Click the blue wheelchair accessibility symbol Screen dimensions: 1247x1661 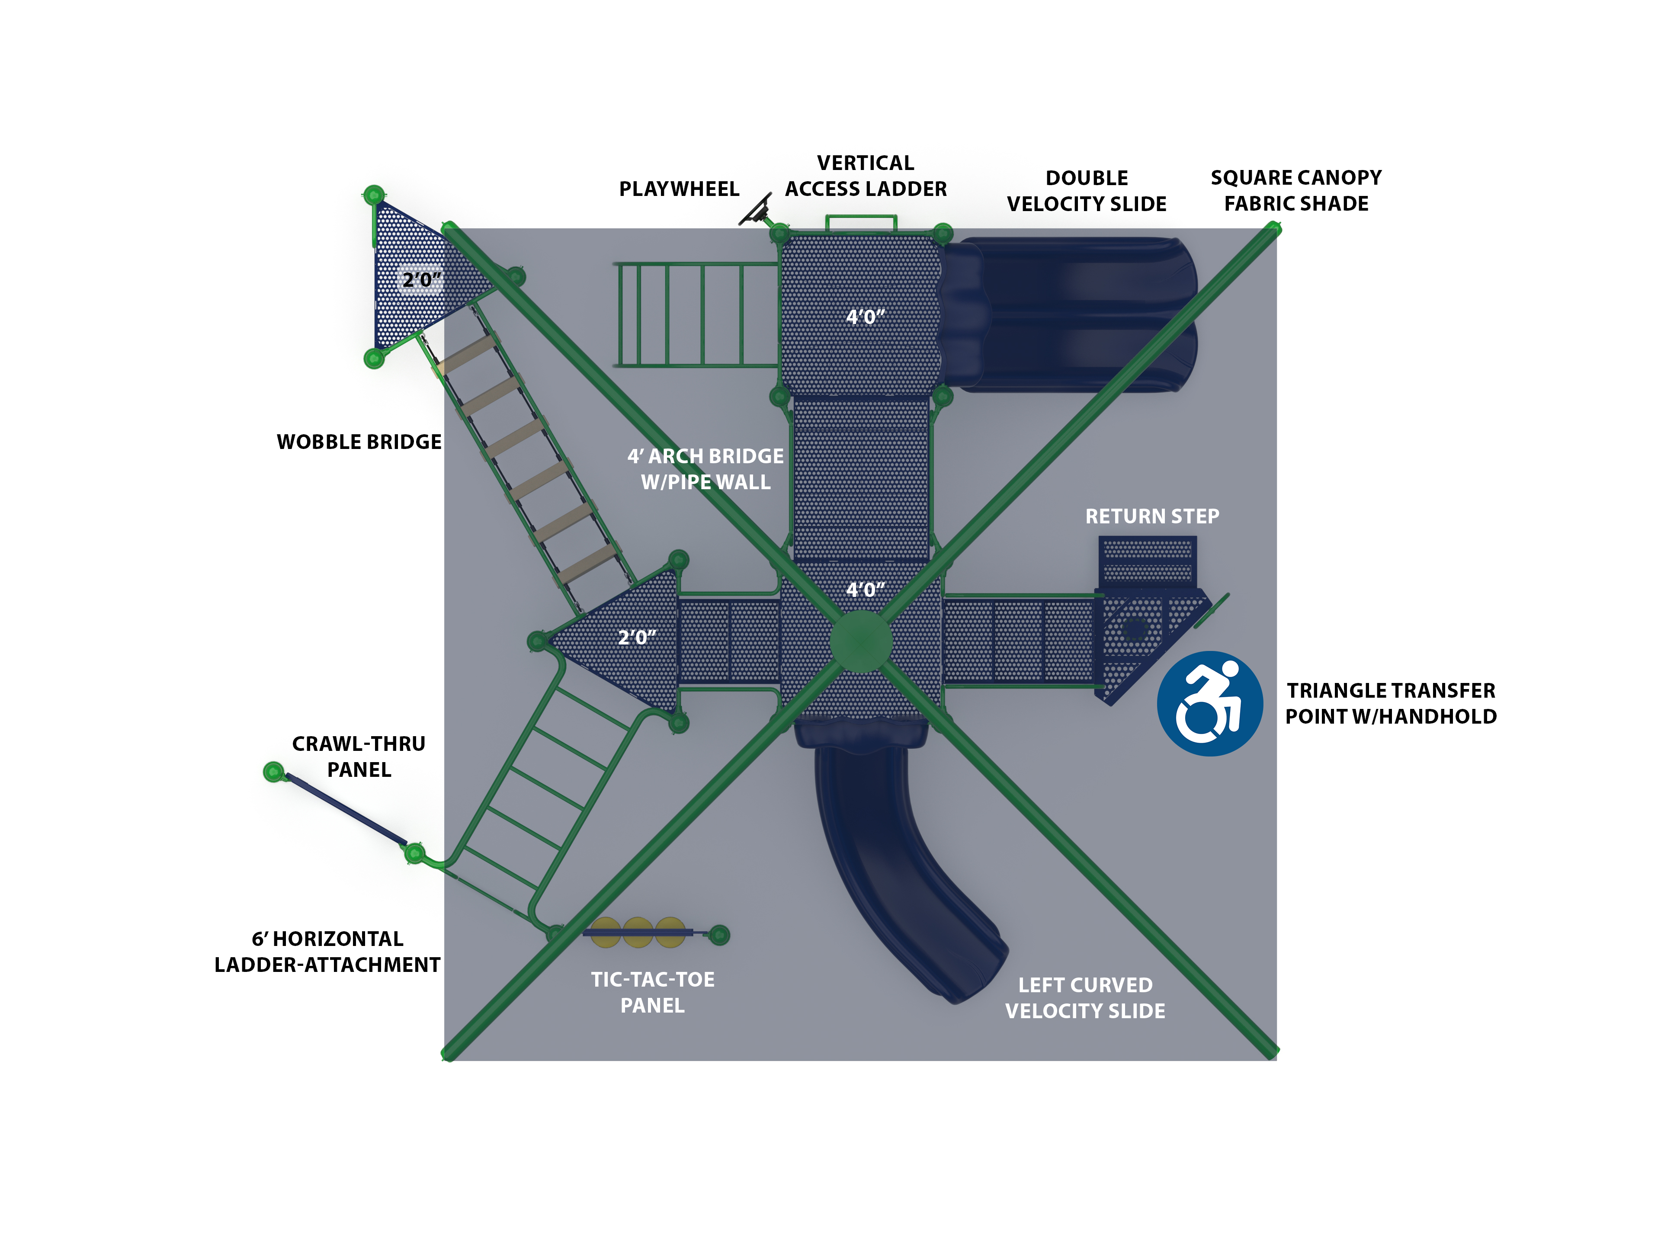(1209, 703)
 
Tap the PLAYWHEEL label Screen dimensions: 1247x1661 (679, 189)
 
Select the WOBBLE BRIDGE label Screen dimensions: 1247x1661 (359, 442)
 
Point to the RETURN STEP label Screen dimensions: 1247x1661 (1152, 516)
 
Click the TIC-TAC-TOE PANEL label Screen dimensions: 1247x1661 (653, 993)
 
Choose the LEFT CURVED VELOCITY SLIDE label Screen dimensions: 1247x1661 (1085, 998)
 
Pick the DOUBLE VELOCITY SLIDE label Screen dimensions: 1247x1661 (1087, 191)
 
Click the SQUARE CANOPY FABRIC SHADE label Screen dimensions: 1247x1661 (1296, 191)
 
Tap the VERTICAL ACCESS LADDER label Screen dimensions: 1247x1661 (866, 176)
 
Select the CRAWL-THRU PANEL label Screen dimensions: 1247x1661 (359, 757)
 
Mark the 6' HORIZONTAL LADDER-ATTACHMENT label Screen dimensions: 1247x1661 (327, 952)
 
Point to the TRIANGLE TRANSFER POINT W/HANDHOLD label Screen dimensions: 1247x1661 (1391, 703)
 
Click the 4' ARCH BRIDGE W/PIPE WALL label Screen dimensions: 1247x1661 (705, 469)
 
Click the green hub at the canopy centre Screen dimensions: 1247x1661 (860, 641)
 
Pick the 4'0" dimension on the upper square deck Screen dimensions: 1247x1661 (865, 317)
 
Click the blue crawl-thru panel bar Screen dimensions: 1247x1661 (346, 810)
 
